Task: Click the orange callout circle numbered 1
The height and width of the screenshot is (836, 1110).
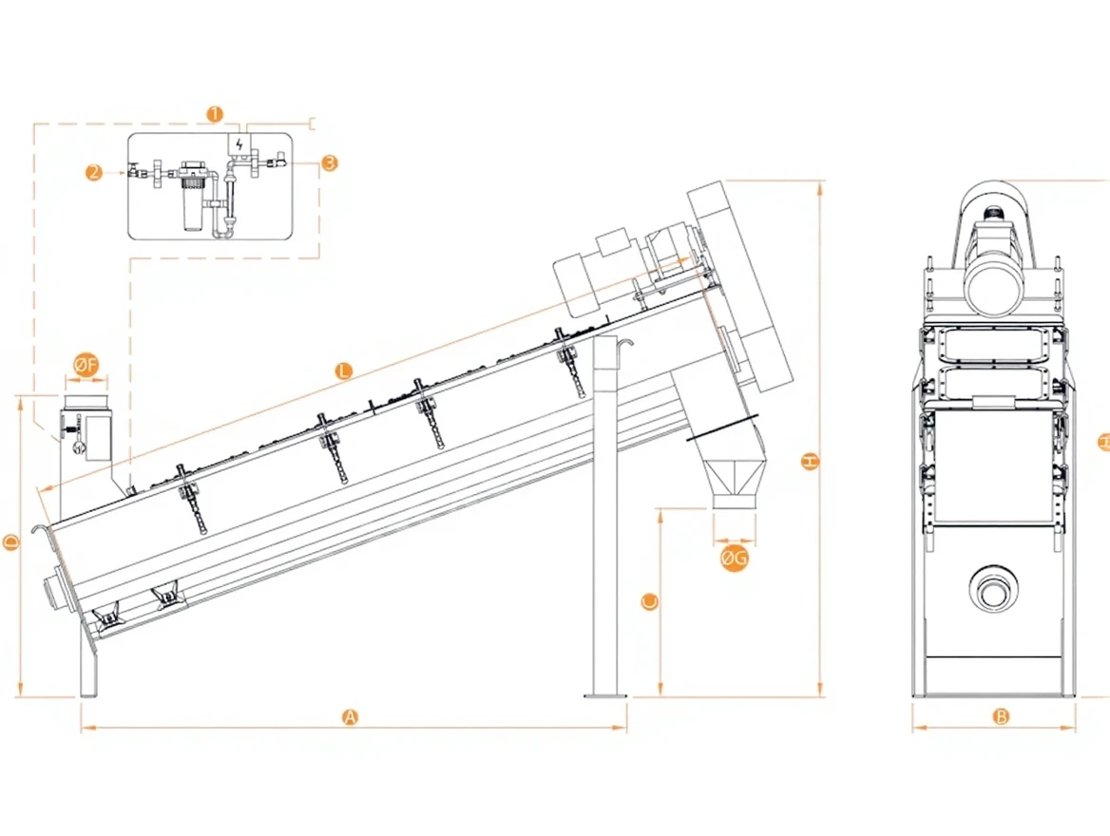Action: tap(215, 113)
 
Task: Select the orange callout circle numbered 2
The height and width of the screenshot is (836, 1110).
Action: tap(94, 172)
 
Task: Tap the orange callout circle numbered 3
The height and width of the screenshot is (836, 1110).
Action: tap(329, 162)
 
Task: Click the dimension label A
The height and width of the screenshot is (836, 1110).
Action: tap(350, 717)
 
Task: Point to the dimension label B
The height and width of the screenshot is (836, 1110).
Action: tap(1001, 716)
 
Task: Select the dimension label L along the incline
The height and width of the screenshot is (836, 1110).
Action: tap(343, 370)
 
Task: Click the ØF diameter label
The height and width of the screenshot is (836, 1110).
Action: tap(86, 365)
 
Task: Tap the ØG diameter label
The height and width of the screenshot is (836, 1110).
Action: tap(734, 559)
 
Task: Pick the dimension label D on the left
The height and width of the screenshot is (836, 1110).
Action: tap(11, 543)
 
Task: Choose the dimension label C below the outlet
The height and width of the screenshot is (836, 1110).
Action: tap(649, 602)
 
